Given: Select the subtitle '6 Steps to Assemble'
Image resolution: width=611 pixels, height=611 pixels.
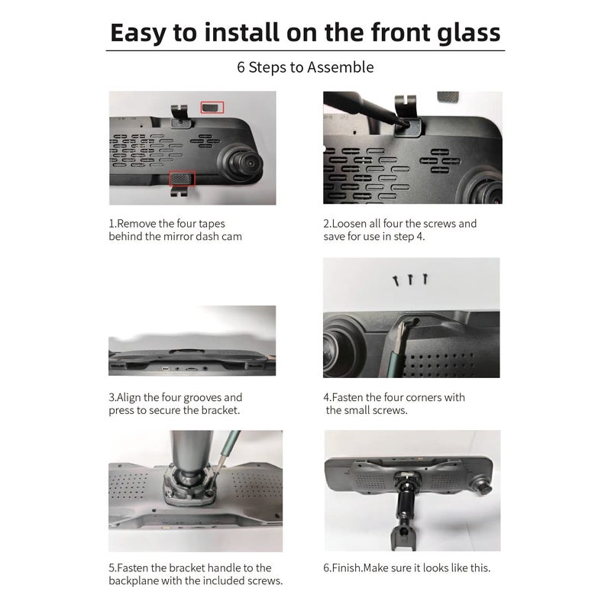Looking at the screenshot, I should tap(305, 67).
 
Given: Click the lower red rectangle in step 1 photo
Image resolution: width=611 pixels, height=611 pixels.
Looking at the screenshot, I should tap(182, 179).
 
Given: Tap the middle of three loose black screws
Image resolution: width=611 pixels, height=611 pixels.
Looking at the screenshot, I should tap(410, 280).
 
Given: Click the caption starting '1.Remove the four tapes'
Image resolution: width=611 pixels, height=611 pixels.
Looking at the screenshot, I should tap(176, 230).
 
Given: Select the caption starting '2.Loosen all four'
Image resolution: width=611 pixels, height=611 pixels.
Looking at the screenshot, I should tap(399, 230).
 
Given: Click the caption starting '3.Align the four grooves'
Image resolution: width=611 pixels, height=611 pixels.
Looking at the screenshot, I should tap(176, 403).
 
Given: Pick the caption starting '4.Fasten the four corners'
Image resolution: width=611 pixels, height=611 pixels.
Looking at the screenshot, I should tap(394, 403).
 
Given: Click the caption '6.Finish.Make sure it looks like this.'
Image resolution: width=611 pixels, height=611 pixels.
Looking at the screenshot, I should tap(406, 567).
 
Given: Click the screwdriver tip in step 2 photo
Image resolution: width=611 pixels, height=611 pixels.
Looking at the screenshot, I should tap(402, 121).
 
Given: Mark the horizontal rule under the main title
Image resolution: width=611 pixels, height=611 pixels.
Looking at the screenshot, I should tap(305, 50).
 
